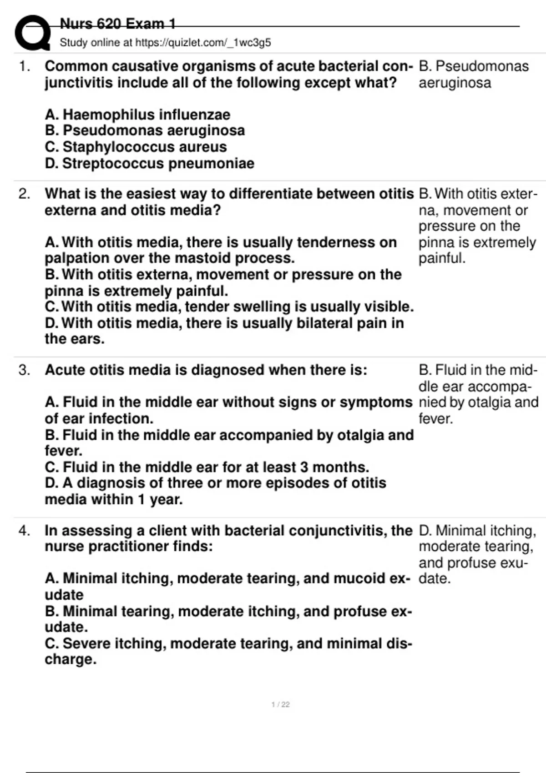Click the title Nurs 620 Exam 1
point(117,24)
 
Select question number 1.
point(25,66)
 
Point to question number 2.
point(25,194)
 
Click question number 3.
point(25,370)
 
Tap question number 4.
point(25,531)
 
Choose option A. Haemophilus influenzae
point(137,115)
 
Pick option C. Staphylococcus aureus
point(136,147)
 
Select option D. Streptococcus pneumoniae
point(149,163)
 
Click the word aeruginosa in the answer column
point(455,83)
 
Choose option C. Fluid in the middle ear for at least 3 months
point(207,467)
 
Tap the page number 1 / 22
point(280,705)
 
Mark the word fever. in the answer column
point(435,419)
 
